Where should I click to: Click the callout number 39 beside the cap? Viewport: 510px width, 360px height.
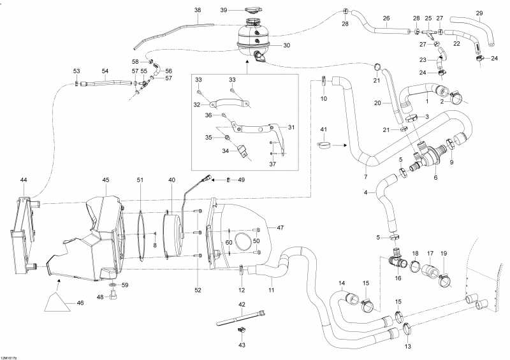[x=224, y=10]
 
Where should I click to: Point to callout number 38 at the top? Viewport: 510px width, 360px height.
[x=198, y=10]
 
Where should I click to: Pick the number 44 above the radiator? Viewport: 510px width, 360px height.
[x=24, y=181]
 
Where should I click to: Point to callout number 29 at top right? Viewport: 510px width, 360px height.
[x=479, y=13]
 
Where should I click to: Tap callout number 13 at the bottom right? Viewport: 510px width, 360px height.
[x=407, y=347]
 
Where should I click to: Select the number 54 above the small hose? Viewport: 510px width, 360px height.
[x=105, y=71]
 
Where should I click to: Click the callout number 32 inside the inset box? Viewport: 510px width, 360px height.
[x=198, y=104]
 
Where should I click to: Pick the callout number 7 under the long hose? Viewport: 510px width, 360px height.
[x=365, y=176]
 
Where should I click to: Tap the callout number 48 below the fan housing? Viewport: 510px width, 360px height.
[x=99, y=297]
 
